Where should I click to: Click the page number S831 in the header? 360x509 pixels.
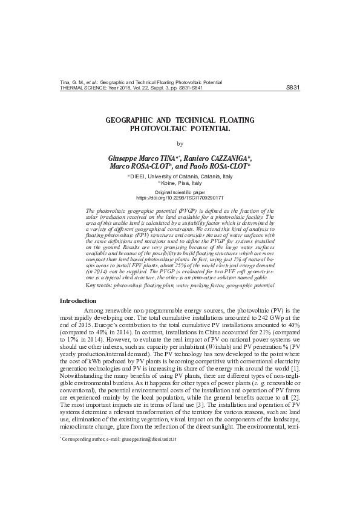tap(292, 87)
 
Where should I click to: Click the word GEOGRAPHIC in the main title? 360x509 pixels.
tap(133, 121)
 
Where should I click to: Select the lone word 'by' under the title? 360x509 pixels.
tap(180, 144)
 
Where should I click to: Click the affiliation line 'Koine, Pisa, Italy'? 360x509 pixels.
tap(180, 183)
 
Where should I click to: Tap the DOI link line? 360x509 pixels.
tap(180, 198)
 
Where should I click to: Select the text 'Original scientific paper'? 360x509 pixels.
tap(180, 192)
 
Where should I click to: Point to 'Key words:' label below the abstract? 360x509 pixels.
tap(99, 284)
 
